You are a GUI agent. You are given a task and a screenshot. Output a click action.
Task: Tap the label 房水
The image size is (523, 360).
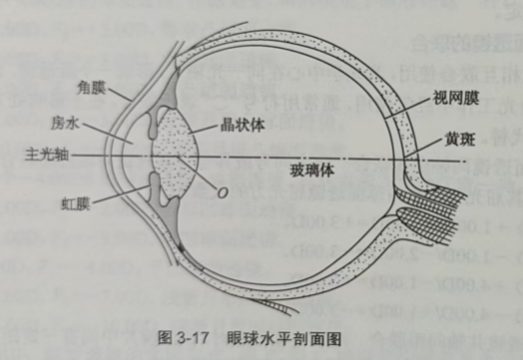66,122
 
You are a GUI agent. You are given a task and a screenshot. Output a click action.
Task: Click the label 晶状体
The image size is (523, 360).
241,128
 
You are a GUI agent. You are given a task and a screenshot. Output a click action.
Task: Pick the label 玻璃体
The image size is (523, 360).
312,168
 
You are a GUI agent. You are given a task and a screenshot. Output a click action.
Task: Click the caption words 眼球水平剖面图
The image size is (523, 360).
290,338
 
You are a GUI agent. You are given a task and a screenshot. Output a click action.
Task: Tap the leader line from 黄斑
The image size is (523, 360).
427,150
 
